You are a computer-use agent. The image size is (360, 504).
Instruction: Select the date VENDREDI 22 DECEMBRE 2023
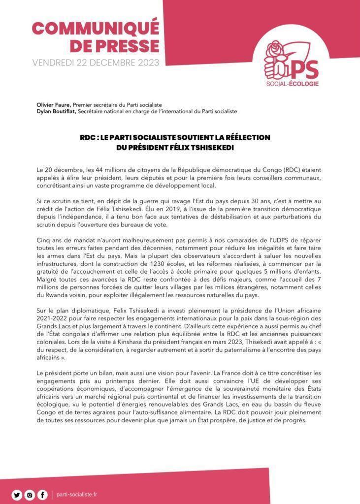pos(96,63)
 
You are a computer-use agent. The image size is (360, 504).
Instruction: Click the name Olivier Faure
pos(54,105)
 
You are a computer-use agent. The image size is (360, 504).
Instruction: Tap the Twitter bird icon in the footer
pos(17,494)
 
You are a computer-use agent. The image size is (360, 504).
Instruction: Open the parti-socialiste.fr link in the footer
pos(77,494)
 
